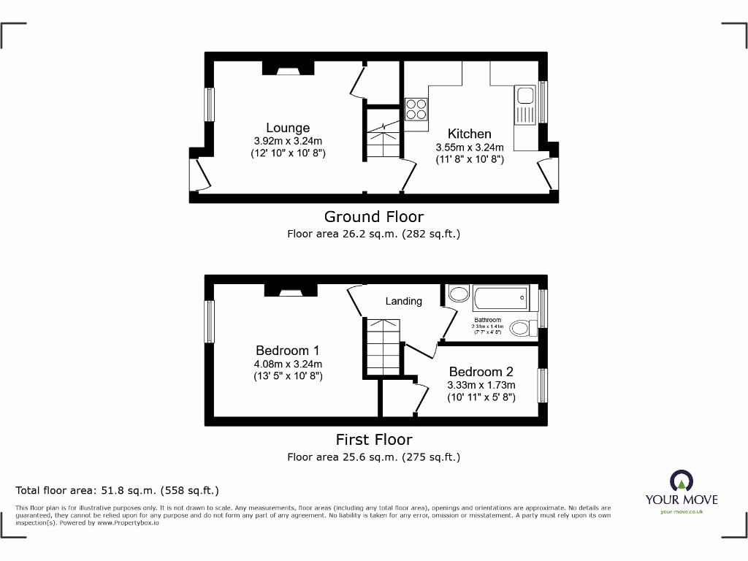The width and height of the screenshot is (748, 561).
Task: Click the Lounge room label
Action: coord(288,128)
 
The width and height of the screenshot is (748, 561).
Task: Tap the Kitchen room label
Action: coord(469,134)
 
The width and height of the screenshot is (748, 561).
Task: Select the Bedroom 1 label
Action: coord(287,351)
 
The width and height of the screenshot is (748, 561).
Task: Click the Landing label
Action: coord(403,301)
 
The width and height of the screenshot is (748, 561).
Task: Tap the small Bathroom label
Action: coord(487,320)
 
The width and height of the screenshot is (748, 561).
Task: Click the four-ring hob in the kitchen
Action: coord(416,109)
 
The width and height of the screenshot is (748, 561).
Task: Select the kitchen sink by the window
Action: coord(525,96)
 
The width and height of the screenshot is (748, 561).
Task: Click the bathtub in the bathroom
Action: coord(500,297)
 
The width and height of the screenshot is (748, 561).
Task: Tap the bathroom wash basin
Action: coord(458,294)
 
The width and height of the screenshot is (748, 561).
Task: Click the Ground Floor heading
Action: coord(373,216)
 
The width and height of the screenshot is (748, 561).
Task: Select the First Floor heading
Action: coord(373,439)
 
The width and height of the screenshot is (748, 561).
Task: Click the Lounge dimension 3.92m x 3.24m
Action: coord(288,141)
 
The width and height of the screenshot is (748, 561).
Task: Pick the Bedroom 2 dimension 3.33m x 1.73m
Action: coord(481,385)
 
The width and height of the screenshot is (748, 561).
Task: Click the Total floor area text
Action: coord(118,490)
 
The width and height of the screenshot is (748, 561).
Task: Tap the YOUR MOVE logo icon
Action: coord(681,481)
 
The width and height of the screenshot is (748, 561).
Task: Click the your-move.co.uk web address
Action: coord(681,512)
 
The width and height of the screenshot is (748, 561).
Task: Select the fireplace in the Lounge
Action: coord(288,69)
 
